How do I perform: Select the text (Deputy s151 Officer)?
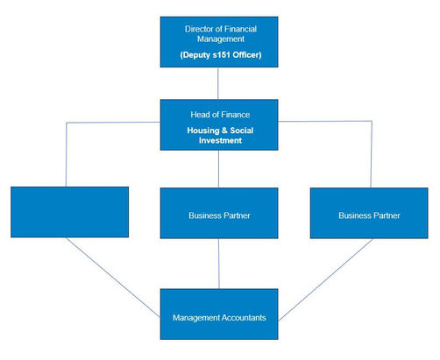[x=221, y=55]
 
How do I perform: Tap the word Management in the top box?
[x=221, y=39]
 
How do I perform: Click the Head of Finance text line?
[x=220, y=115]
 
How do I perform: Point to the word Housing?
[x=203, y=131]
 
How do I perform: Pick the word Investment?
[x=220, y=140]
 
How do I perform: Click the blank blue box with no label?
[x=69, y=212]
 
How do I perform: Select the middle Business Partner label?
[x=219, y=215]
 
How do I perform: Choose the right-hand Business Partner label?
[x=369, y=215]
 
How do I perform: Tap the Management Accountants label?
[x=219, y=317]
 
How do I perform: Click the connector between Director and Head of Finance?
[x=218, y=83]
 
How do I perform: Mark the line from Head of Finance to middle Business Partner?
[x=218, y=169]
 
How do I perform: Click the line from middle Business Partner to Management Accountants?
[x=219, y=264]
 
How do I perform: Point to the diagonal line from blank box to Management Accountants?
[x=113, y=278]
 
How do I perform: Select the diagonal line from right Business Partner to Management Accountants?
[x=325, y=280]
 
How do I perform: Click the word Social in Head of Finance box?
[x=242, y=131]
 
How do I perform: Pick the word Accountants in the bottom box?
[x=243, y=317]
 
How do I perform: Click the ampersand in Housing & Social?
[x=224, y=131]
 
